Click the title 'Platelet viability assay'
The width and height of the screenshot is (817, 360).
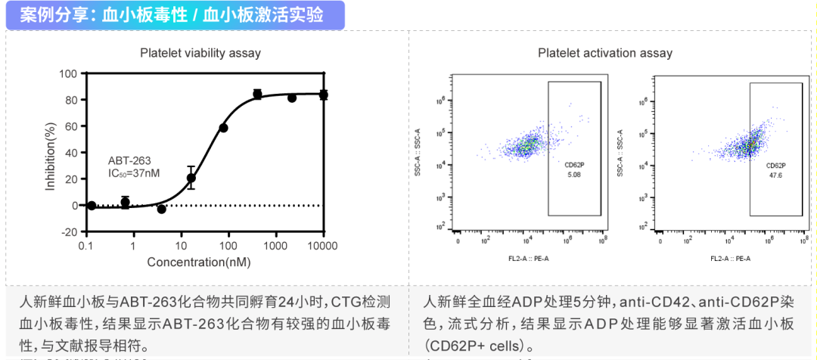[x=200, y=52]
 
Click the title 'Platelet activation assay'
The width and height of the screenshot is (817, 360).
[x=605, y=52]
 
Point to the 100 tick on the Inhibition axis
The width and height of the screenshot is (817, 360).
[x=70, y=73]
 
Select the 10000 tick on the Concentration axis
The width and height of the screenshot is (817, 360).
[x=324, y=246]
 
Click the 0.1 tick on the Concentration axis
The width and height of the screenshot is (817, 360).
[x=86, y=246]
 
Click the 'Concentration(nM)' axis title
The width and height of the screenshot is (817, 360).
[x=199, y=262]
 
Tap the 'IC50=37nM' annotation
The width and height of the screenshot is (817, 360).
[x=135, y=173]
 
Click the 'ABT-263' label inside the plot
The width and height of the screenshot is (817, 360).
[x=129, y=160]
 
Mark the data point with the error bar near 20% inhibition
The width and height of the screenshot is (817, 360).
[x=191, y=178]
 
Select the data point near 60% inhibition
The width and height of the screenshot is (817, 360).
[x=223, y=128]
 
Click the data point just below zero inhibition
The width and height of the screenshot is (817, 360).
[x=161, y=209]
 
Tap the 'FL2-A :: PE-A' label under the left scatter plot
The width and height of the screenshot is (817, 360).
[x=529, y=259]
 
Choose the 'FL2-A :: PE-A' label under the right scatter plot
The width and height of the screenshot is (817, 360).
[x=730, y=259]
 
